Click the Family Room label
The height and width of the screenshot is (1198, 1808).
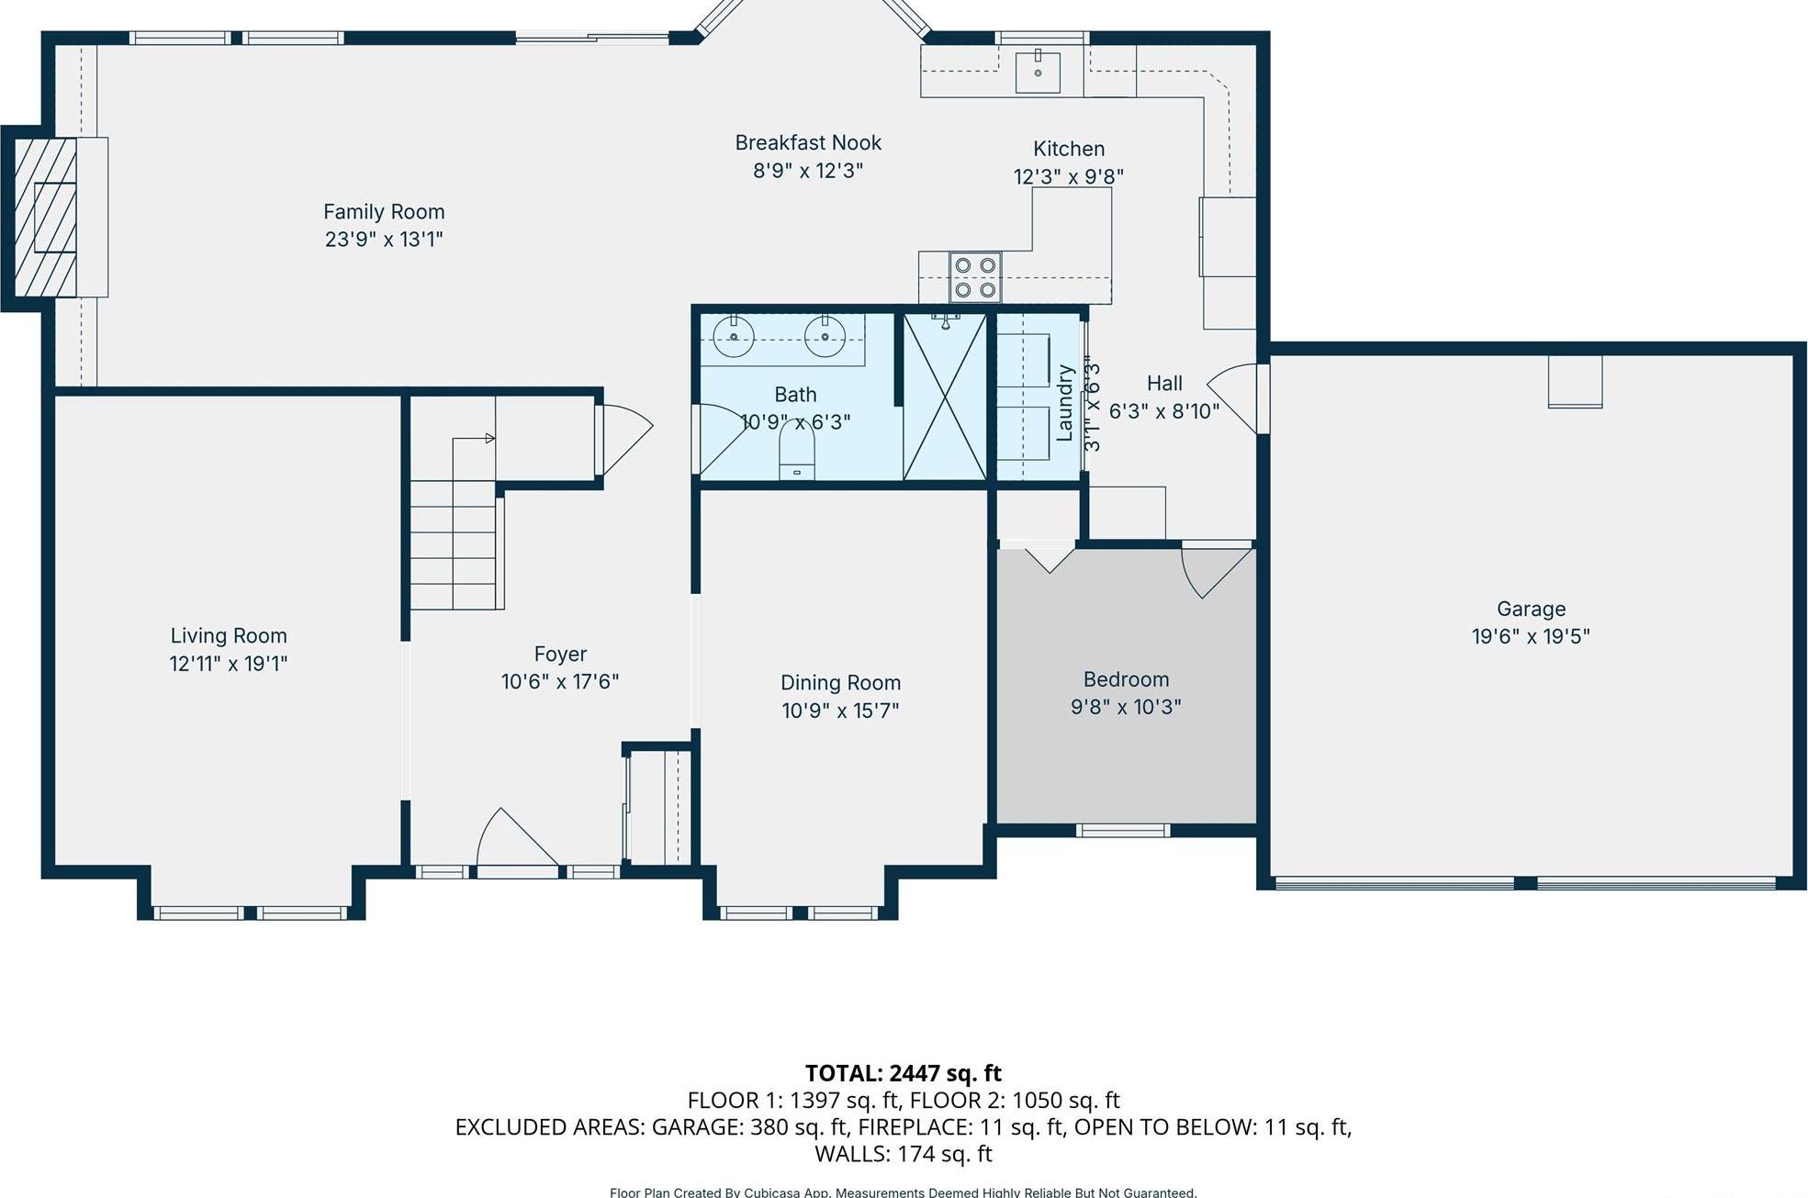384,212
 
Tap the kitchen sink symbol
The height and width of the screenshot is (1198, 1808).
1038,73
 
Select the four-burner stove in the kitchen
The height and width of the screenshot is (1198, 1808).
974,277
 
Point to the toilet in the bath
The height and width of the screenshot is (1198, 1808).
796,451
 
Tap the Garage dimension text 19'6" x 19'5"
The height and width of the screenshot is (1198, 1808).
1530,636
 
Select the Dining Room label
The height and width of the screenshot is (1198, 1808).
840,683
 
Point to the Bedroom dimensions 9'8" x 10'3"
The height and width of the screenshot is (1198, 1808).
1125,707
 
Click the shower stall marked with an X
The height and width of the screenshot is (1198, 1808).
945,397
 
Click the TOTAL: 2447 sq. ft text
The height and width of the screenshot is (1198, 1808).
903,1073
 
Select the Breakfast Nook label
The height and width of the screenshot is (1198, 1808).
807,143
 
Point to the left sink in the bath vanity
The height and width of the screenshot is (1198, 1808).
734,337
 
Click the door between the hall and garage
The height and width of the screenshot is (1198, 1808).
1240,397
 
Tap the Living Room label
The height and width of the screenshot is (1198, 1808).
229,636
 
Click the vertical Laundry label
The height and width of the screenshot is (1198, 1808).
1065,403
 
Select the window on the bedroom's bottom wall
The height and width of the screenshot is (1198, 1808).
1122,831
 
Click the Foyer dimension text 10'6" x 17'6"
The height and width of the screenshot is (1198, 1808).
559,682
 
